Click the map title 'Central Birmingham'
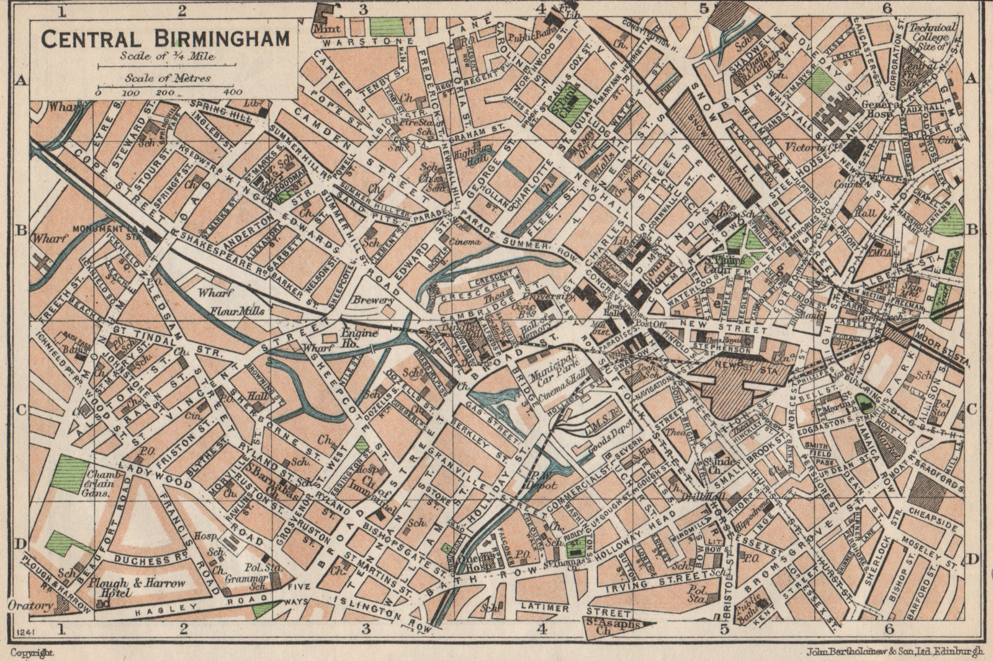click(165, 38)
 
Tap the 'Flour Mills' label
click(236, 311)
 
